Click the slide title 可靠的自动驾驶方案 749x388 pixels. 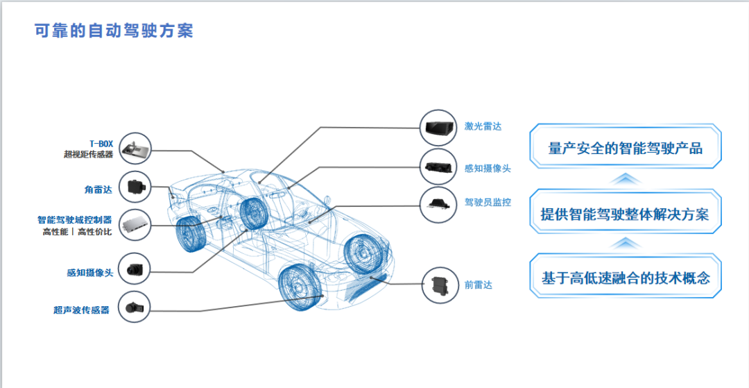point(114,31)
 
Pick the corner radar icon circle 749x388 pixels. point(135,187)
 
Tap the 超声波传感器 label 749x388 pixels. point(81,310)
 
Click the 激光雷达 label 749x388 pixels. point(483,126)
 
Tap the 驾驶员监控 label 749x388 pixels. point(488,203)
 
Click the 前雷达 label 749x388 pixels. point(479,285)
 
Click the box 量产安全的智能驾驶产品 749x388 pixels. point(625,148)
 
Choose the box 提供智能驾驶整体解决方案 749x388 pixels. point(625,213)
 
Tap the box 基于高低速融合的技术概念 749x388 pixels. point(625,278)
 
